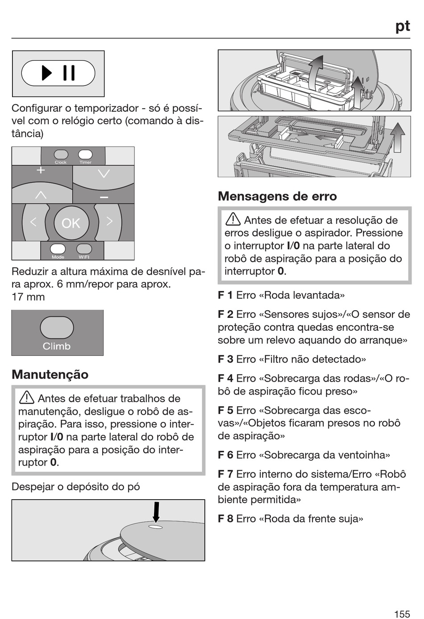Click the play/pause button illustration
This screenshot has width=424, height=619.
click(58, 73)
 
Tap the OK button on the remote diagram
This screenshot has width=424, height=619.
click(71, 223)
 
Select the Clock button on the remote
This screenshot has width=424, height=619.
click(61, 154)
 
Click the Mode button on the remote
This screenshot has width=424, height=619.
click(58, 248)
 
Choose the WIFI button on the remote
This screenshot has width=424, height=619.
click(84, 248)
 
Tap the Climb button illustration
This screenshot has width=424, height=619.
click(57, 328)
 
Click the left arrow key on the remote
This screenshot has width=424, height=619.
click(34, 222)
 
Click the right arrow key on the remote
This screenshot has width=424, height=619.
click(109, 221)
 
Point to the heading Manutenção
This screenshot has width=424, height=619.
click(50, 375)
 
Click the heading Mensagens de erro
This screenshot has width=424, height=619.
click(277, 196)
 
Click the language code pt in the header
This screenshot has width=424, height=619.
click(403, 26)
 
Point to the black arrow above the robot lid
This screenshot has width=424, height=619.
click(156, 512)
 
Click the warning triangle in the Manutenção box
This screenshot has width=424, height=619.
click(26, 398)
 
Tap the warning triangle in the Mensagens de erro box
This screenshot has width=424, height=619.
click(233, 219)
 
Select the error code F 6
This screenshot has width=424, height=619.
click(225, 455)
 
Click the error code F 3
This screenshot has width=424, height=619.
click(225, 359)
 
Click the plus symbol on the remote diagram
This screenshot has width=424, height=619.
click(41, 170)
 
